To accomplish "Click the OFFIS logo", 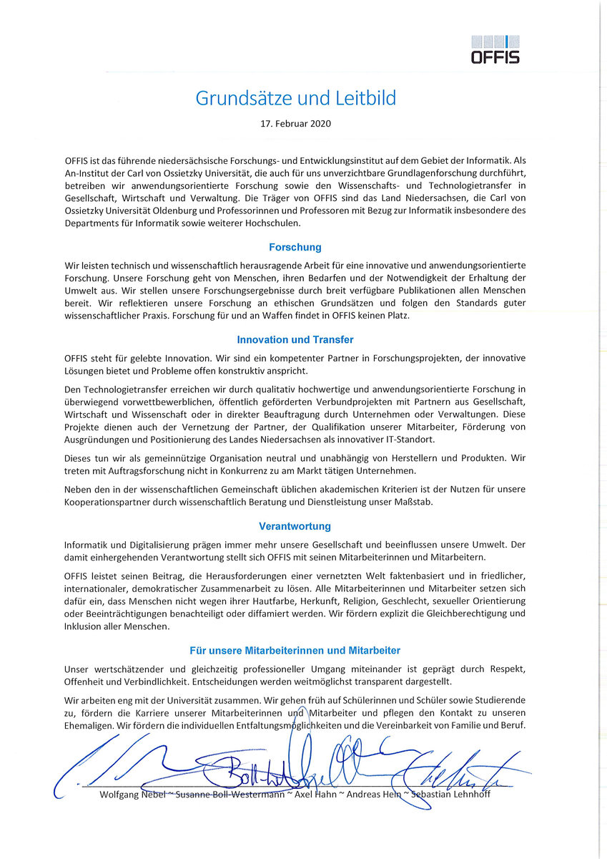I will coord(495,49).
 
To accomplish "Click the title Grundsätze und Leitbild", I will coord(295,97).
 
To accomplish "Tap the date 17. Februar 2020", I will coord(295,123).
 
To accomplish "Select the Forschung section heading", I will coord(295,247).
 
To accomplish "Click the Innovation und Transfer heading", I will coord(295,340).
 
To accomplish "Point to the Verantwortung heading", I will coord(295,526).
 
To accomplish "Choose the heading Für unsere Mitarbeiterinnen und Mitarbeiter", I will coord(295,651).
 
